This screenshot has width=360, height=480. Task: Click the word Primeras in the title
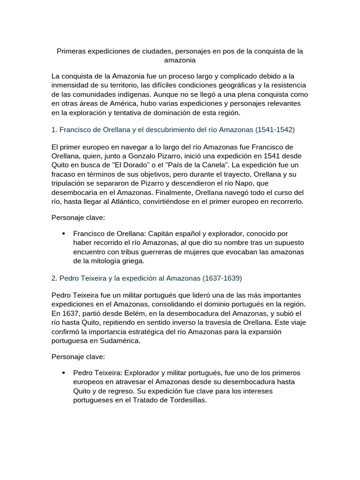click(x=72, y=51)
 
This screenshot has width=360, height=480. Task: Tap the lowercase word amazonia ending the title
click(x=180, y=60)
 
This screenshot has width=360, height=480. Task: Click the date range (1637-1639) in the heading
click(x=222, y=278)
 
